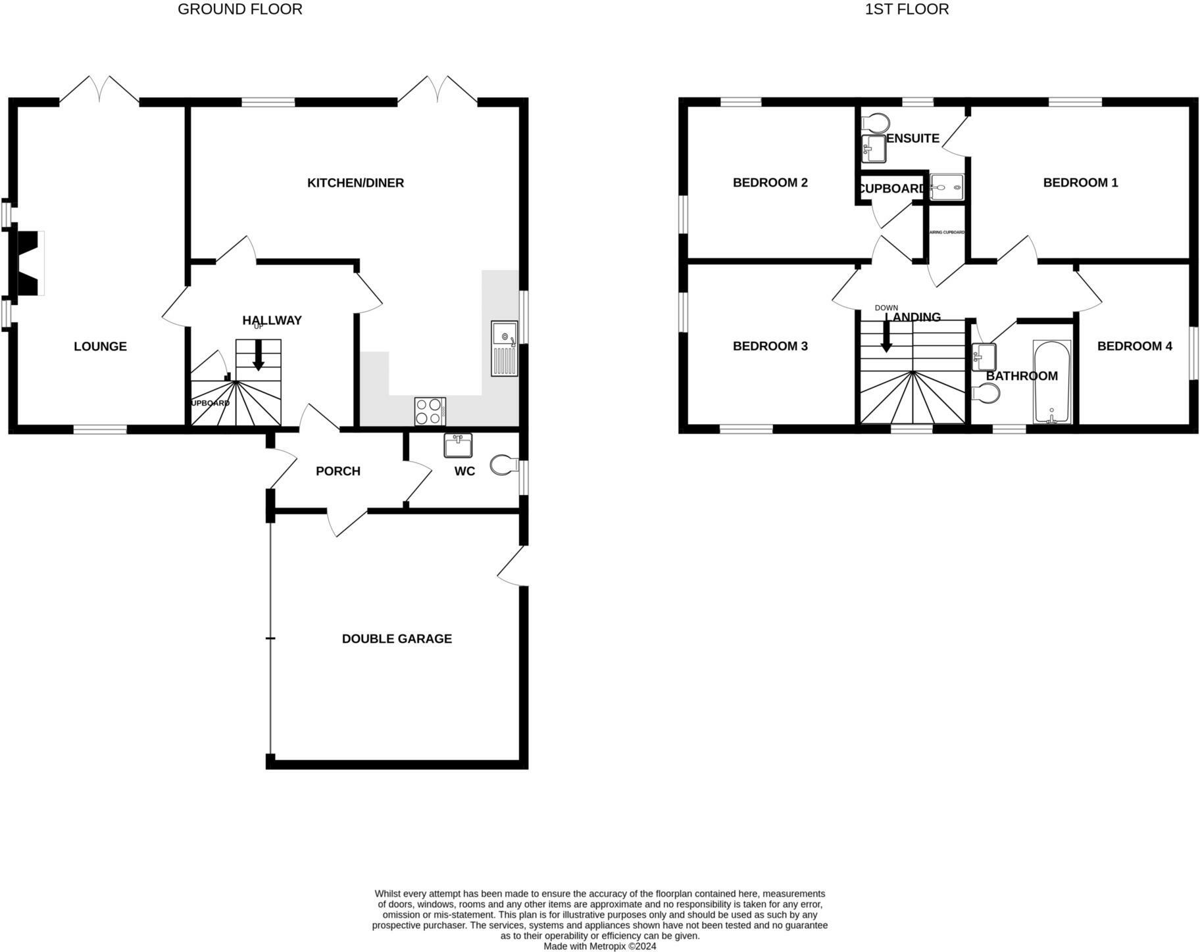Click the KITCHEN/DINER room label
pyautogui.click(x=355, y=183)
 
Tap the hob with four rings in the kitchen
pyautogui.click(x=430, y=412)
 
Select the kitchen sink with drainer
pyautogui.click(x=505, y=348)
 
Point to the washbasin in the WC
pyautogui.click(x=458, y=445)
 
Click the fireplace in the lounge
pyautogui.click(x=29, y=263)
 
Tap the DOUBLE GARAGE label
pyautogui.click(x=397, y=638)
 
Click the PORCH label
pyautogui.click(x=338, y=471)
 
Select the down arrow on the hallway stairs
pyautogui.click(x=259, y=355)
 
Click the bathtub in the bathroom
pyautogui.click(x=1052, y=382)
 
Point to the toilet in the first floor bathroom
pyautogui.click(x=987, y=393)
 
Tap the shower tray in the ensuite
pyautogui.click(x=947, y=187)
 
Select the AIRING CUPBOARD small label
pyautogui.click(x=946, y=232)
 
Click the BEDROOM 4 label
pyautogui.click(x=1134, y=346)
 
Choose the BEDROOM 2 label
pyautogui.click(x=770, y=183)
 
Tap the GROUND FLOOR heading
pyautogui.click(x=240, y=9)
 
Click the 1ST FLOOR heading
pyautogui.click(x=906, y=9)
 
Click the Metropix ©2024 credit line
pyautogui.click(x=599, y=946)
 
